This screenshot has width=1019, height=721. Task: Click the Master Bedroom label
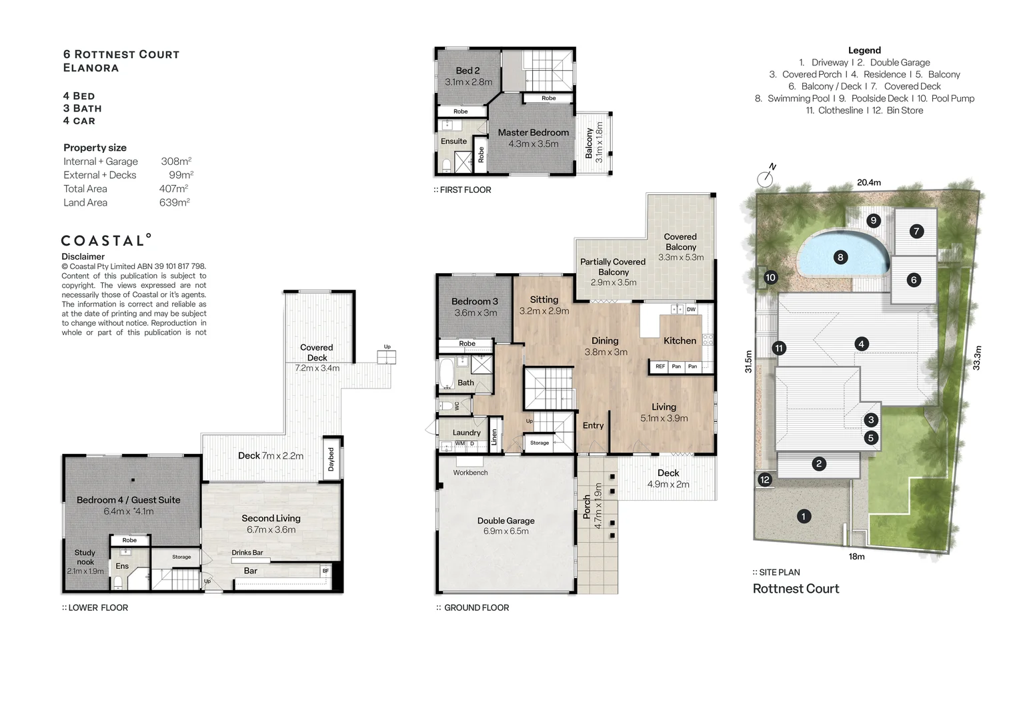click(x=533, y=132)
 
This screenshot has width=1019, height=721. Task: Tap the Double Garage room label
click(x=505, y=521)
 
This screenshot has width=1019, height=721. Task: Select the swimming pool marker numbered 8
click(x=840, y=257)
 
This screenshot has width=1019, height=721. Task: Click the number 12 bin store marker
click(x=765, y=479)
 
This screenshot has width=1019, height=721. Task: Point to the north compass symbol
click(x=766, y=178)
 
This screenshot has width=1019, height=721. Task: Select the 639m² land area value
click(x=174, y=202)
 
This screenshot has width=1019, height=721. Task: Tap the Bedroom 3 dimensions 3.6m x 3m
click(x=475, y=312)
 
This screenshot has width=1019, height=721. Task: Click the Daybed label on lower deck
click(x=331, y=459)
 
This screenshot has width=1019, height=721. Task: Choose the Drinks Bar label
click(x=247, y=553)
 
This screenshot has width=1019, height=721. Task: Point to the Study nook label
click(x=85, y=557)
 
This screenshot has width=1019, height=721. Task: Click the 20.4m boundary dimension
click(x=868, y=182)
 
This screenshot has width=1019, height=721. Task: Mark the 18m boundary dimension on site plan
click(x=856, y=556)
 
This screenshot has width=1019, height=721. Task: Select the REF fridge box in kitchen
click(x=660, y=367)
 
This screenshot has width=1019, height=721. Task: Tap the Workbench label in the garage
click(x=470, y=473)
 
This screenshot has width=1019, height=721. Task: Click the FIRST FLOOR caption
click(x=465, y=190)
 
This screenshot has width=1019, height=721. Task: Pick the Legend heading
click(x=864, y=50)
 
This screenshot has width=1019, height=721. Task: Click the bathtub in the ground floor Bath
click(x=446, y=373)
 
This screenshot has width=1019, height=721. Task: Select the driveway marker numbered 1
click(x=804, y=516)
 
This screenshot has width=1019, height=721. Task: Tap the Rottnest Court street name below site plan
click(x=796, y=589)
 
